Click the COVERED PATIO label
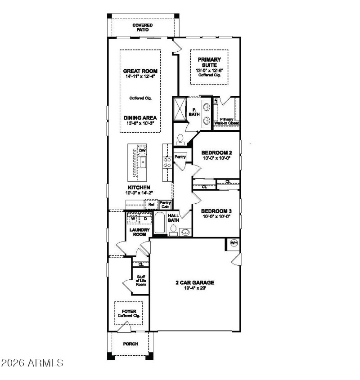[x=142, y=27]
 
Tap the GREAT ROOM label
[x=140, y=71]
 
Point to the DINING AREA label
[x=140, y=118]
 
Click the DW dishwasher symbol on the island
[x=143, y=150]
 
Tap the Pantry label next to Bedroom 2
[x=180, y=157]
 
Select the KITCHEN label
[x=139, y=188]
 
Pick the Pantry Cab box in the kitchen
[x=165, y=205]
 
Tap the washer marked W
[x=133, y=219]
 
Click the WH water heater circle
[x=234, y=243]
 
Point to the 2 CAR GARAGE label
[x=194, y=283]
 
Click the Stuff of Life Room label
[x=141, y=280]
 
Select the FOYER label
[x=129, y=311]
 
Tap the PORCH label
[x=130, y=344]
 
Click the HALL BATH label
[x=174, y=218]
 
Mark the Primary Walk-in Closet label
[x=226, y=121]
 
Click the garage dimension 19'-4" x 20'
[x=194, y=289]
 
